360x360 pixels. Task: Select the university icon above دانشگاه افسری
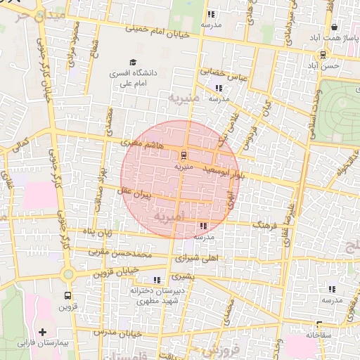tap(133, 63)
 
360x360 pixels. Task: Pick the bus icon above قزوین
tap(67, 295)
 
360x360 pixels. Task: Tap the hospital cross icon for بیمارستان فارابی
tap(43, 331)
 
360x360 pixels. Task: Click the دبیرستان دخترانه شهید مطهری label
tap(157, 295)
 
